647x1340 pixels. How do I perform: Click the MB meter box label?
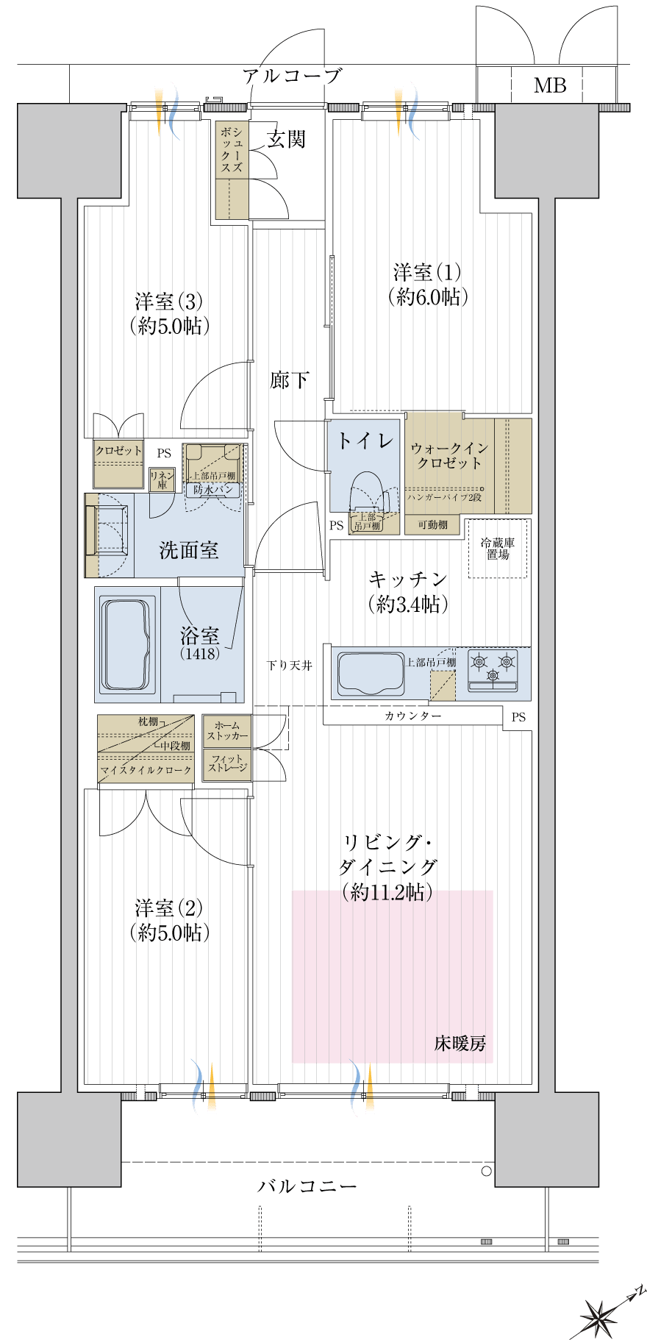[550, 86]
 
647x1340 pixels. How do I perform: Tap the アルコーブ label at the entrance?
[292, 76]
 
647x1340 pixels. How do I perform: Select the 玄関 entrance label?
[286, 138]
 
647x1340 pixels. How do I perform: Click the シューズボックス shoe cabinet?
[232, 171]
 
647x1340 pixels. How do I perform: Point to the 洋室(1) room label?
[428, 285]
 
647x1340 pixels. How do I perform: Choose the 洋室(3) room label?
[169, 313]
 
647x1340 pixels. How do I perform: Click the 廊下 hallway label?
[290, 380]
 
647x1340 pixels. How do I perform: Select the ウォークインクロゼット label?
[449, 456]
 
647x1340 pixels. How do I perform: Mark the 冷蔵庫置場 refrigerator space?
[498, 549]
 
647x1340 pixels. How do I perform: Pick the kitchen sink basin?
[370, 673]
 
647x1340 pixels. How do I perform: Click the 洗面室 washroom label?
[189, 550]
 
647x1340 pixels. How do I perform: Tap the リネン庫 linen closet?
[162, 480]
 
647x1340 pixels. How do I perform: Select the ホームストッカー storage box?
[227, 731]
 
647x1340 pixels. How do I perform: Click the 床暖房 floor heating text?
[460, 1043]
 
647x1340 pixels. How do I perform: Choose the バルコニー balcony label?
[307, 1186]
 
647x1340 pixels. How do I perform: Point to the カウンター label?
[412, 716]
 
